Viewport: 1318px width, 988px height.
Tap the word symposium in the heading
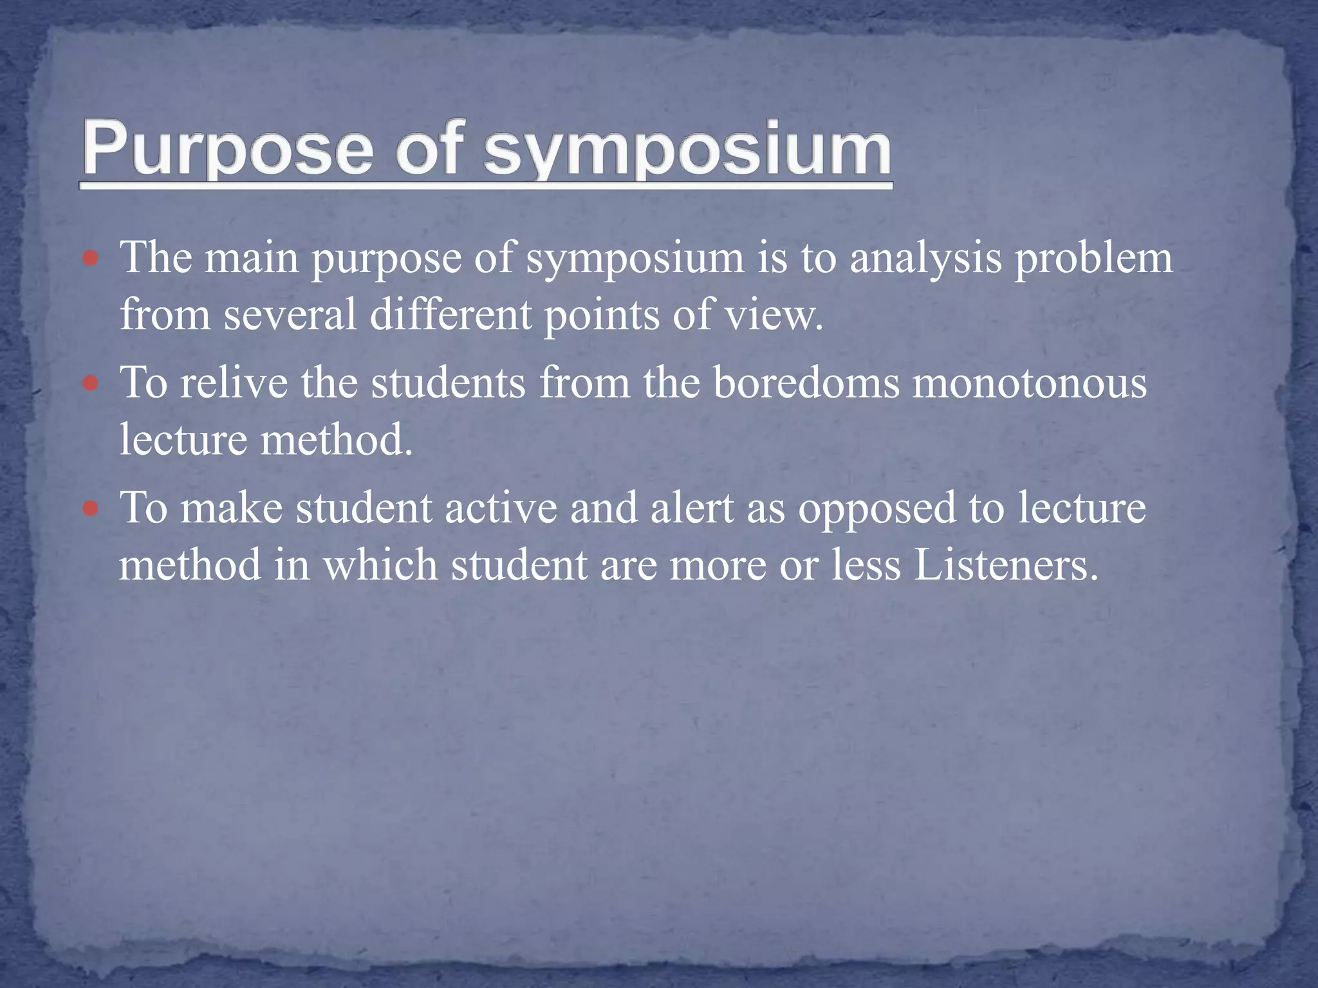[687, 149]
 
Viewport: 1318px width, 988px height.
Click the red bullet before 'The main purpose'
[91, 259]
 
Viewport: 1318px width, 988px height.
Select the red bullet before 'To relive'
[91, 384]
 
